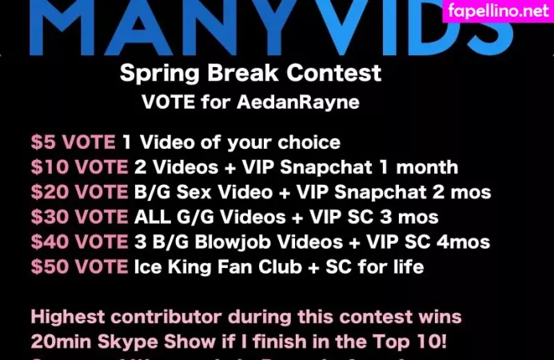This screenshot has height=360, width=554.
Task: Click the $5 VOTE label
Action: [73, 142]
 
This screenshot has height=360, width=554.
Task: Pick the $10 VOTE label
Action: [78, 167]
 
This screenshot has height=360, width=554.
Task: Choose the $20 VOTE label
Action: [78, 192]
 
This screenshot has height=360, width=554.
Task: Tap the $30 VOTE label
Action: [78, 217]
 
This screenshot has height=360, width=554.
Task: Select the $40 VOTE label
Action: [78, 242]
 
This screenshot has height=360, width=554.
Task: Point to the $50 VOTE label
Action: [78, 266]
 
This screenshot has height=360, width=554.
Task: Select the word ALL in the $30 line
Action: [151, 217]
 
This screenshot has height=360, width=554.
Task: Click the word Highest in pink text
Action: [71, 318]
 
